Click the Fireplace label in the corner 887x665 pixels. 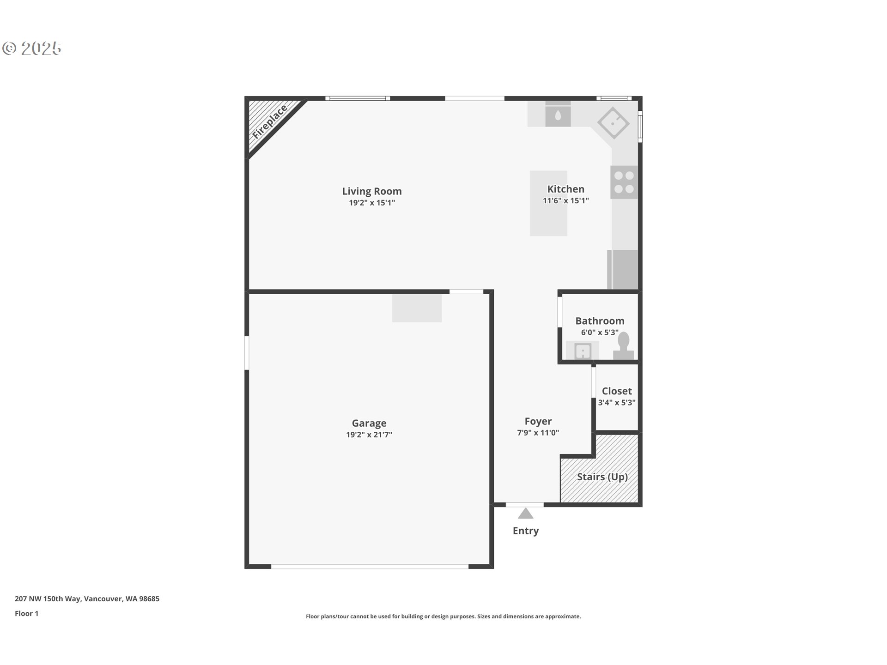coord(270,122)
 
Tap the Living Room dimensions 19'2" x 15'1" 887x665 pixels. coord(371,203)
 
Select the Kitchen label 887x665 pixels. coord(565,189)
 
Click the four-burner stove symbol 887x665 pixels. coord(624,182)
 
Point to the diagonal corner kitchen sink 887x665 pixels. coord(613,123)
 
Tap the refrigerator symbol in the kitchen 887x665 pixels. coord(623,270)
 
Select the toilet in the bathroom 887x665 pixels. coord(624,345)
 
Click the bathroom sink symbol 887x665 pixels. coord(583,351)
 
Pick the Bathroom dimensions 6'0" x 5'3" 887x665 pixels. coord(599,332)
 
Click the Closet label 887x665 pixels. coord(616,391)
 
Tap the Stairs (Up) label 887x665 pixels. coord(602,477)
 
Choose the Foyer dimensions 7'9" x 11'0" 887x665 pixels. coord(538,433)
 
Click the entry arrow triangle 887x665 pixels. coord(525,514)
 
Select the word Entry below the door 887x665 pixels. coord(525,531)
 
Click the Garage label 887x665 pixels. coord(369,423)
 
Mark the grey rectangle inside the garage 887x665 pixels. coord(417,308)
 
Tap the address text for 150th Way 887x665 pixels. coord(87,599)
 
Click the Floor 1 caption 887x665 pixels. coord(26,614)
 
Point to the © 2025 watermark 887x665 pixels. coord(32,48)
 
